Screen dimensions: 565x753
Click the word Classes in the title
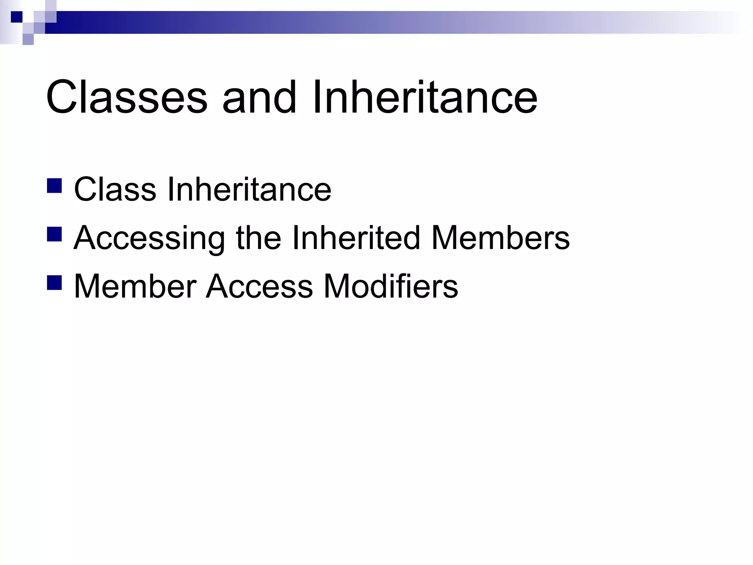click(x=127, y=97)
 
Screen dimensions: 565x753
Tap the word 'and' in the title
click(x=259, y=97)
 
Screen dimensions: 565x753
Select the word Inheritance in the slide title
click(x=425, y=97)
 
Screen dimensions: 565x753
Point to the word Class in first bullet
click(x=115, y=189)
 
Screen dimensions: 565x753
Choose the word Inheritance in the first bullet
click(x=249, y=189)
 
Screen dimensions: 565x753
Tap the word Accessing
click(x=149, y=238)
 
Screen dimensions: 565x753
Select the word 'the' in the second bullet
click(x=258, y=238)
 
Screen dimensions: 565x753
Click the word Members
click(x=500, y=238)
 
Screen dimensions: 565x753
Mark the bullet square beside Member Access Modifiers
click(x=54, y=283)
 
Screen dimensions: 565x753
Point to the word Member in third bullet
click(x=135, y=287)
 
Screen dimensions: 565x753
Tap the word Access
click(x=259, y=287)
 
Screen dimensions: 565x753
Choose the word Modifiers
click(x=390, y=287)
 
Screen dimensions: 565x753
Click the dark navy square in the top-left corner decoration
click(x=17, y=17)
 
